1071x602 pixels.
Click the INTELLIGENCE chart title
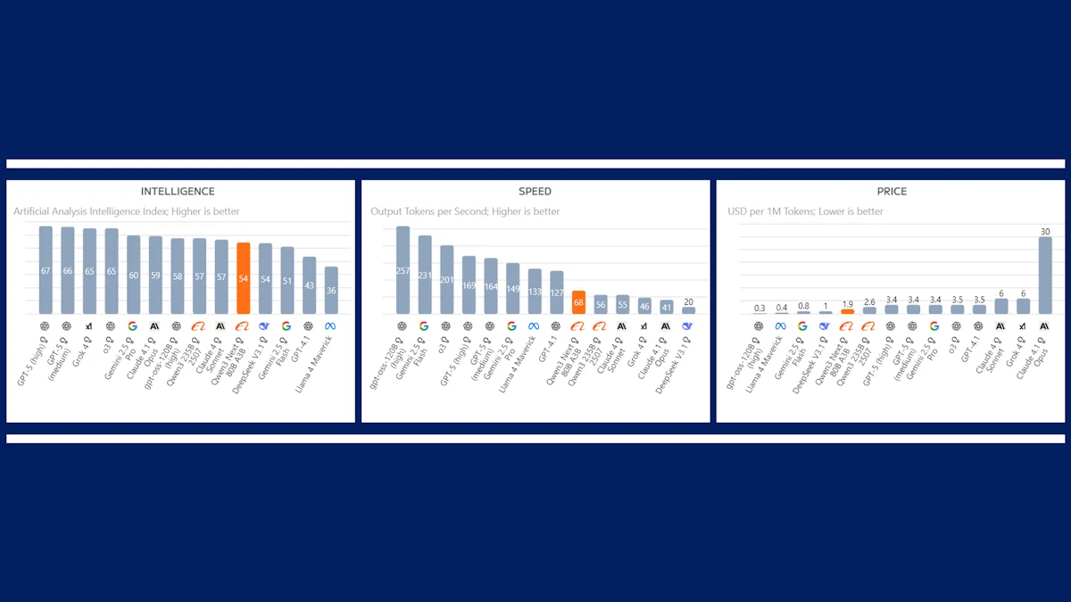click(x=178, y=191)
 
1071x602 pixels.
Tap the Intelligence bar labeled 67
click(x=46, y=269)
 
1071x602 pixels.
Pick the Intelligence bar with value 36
click(x=331, y=290)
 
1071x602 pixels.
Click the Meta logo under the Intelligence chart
click(x=331, y=326)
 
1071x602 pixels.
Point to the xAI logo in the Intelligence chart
click(x=89, y=326)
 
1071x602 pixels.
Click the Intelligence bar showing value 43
click(x=309, y=285)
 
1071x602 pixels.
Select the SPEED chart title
click(x=535, y=191)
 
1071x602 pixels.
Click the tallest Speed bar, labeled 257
click(x=403, y=269)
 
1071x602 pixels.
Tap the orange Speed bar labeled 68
click(x=578, y=302)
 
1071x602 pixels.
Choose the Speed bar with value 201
click(x=446, y=279)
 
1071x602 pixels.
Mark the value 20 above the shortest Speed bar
click(x=688, y=301)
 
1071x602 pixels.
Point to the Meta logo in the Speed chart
click(x=534, y=326)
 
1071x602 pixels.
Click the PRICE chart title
click(x=891, y=191)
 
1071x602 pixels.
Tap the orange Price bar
click(x=847, y=311)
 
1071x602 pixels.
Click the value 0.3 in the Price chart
click(x=760, y=308)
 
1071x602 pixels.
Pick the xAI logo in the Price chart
click(x=1023, y=326)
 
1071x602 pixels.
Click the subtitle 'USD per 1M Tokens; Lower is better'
click(x=806, y=211)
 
